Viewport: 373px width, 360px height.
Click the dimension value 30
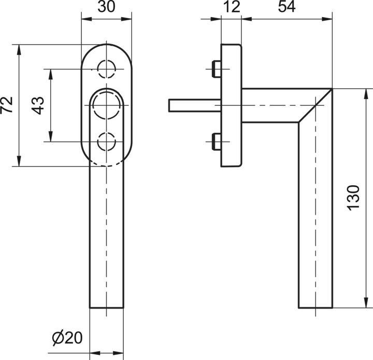pos(106,8)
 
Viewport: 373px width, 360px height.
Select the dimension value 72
pos(7,105)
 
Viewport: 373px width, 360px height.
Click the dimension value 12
pos(231,8)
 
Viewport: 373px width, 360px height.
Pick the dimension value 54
pos(286,8)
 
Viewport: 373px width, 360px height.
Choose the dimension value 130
pos(353,197)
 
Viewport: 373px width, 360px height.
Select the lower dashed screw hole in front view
pos(107,141)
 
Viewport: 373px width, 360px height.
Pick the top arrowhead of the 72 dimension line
pos(19,48)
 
